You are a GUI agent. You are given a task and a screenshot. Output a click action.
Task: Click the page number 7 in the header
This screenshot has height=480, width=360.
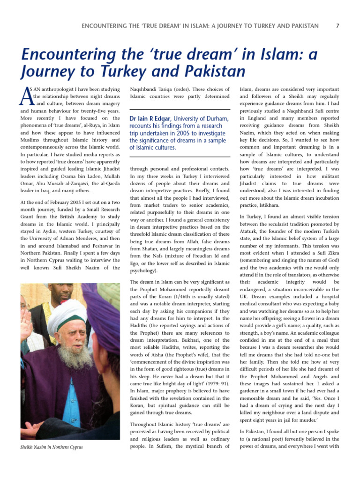coord(338,26)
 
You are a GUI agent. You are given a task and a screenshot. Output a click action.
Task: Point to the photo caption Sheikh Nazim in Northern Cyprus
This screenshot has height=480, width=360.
coord(52,447)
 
